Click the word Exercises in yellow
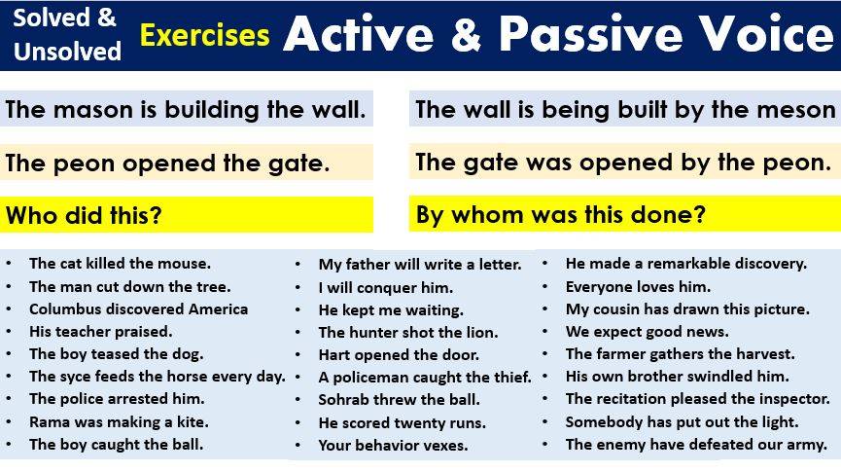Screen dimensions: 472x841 click(x=204, y=37)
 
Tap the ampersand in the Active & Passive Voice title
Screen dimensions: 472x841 click(x=460, y=35)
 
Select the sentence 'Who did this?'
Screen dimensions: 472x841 click(x=84, y=215)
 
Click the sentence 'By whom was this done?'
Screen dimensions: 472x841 click(x=560, y=214)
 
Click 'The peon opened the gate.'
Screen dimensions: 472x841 click(x=167, y=163)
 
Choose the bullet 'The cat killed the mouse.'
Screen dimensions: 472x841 click(x=120, y=263)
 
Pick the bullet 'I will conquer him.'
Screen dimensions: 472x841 click(x=385, y=287)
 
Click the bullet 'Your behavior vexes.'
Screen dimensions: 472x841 click(x=393, y=445)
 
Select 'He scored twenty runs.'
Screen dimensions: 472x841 click(x=402, y=422)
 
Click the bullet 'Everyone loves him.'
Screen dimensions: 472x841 click(x=638, y=286)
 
